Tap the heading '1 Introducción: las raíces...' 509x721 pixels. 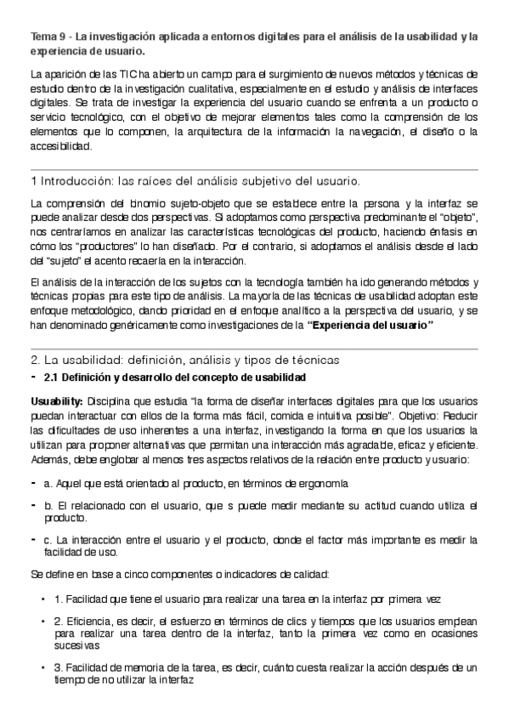pyautogui.click(x=195, y=181)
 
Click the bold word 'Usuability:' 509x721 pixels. pyautogui.click(x=56, y=400)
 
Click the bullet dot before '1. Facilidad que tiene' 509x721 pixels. pyautogui.click(x=42, y=599)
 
